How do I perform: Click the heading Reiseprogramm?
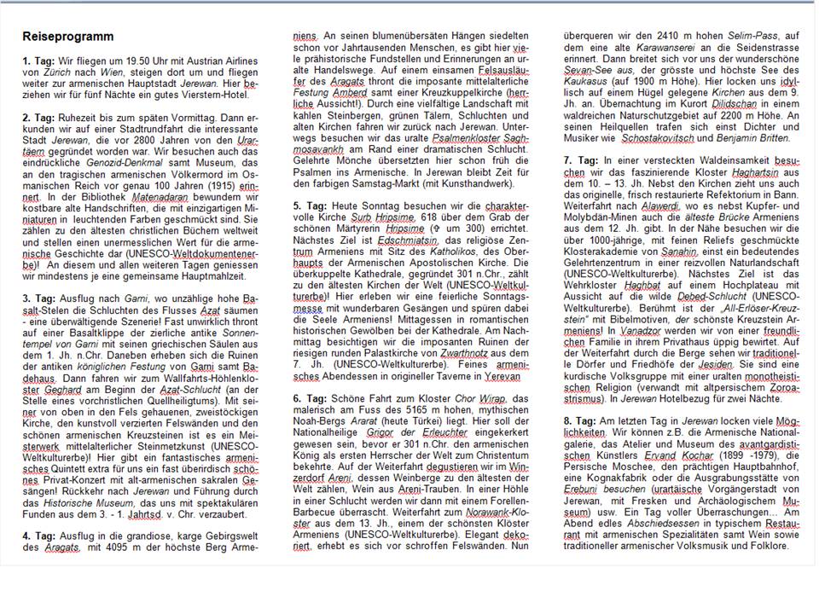coord(67,38)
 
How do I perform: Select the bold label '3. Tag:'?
coord(38,299)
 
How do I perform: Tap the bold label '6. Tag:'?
coord(309,397)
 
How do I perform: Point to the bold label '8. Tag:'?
coord(579,421)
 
